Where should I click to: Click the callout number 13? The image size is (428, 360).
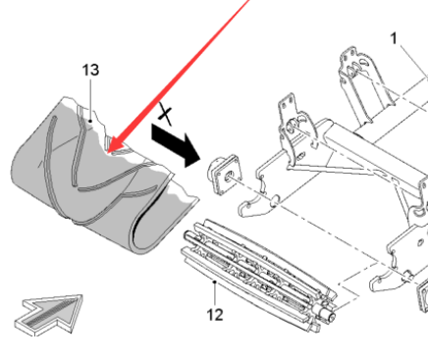pos(90,71)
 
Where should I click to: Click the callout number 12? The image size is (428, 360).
pos(215,316)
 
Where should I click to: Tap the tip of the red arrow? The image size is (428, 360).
pos(110,154)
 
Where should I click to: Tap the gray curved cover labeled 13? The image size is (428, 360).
pos(88,186)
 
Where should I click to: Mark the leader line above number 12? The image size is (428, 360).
pos(215,293)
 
